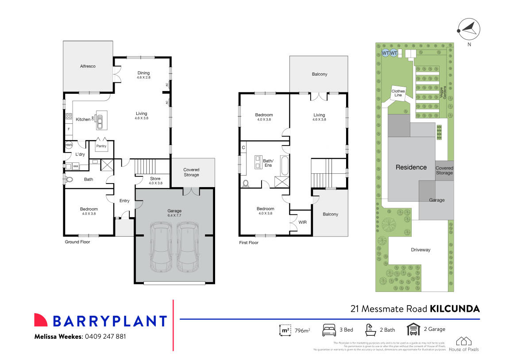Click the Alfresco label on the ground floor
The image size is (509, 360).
coord(88,66)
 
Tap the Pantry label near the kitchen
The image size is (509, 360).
coord(101,146)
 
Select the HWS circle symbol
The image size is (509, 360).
coord(69,145)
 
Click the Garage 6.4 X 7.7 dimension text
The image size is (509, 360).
coord(174,216)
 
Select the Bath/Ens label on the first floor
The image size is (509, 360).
coord(269,162)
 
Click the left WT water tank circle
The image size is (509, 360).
coord(385,53)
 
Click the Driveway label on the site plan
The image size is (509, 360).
coord(420,250)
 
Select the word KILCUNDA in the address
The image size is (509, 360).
coord(455,309)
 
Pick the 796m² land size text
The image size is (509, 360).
coord(302,330)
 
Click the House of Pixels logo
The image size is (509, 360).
coord(464,344)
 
